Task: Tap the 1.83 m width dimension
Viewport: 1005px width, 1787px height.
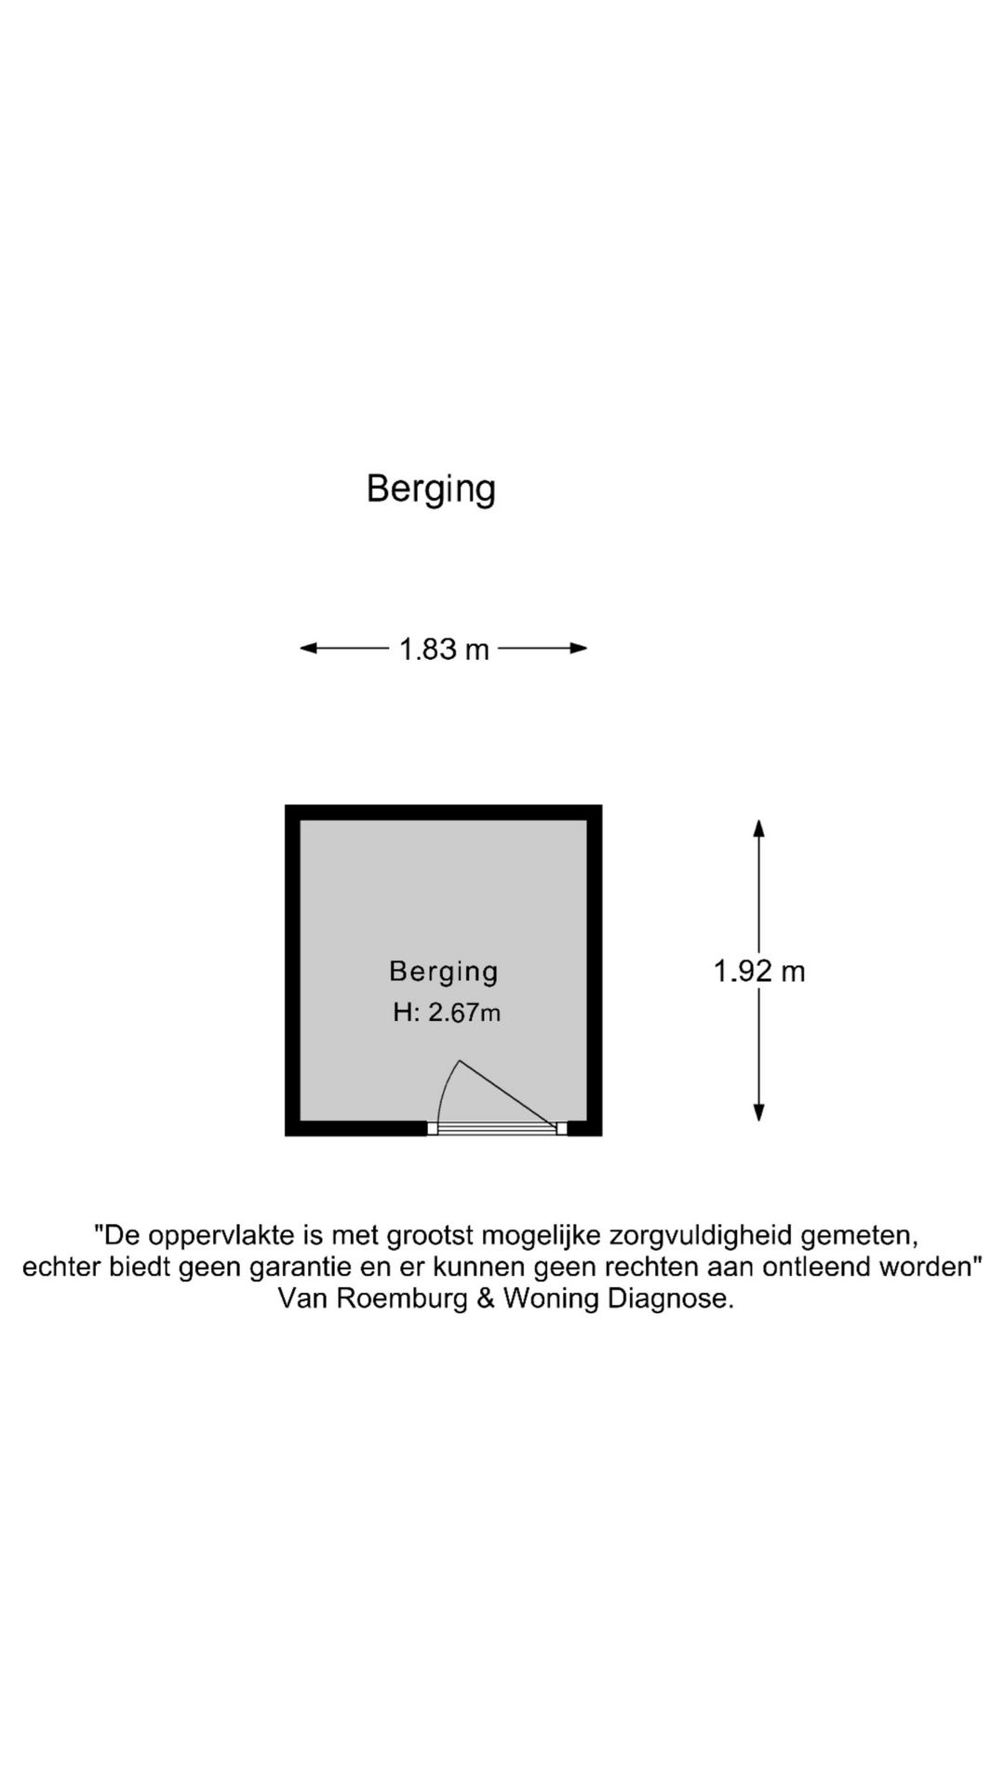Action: (444, 649)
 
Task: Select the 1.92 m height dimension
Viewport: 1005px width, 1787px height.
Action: (759, 972)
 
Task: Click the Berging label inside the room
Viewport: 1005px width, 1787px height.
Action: (444, 972)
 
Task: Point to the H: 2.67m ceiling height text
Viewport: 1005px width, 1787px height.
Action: (447, 1013)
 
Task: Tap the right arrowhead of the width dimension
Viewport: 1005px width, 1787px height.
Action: (578, 649)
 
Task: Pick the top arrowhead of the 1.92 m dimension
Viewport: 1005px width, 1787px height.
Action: (759, 828)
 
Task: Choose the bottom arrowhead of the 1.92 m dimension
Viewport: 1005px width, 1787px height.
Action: (759, 1112)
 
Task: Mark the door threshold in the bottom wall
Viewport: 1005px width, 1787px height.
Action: (497, 1129)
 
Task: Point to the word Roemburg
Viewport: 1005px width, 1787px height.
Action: (402, 1298)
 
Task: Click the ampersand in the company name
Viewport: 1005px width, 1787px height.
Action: (486, 1298)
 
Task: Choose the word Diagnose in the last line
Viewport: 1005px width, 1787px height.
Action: (670, 1298)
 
